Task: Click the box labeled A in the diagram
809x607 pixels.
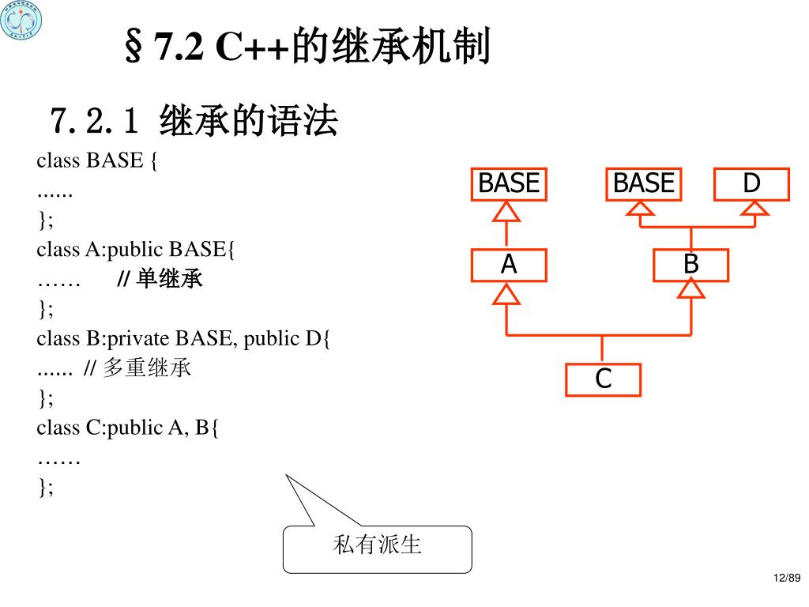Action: tap(509, 266)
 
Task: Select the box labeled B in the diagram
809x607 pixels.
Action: tap(690, 266)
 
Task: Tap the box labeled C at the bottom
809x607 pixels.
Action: tap(603, 380)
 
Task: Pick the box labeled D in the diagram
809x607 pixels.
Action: tap(751, 184)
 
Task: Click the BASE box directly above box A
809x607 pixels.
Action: tap(509, 184)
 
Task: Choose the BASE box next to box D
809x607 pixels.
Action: tap(644, 184)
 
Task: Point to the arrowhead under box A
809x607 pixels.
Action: tap(507, 294)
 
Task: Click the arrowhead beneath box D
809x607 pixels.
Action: tap(755, 208)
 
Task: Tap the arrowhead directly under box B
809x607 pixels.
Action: tap(691, 292)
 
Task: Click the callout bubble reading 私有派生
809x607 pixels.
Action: tap(378, 548)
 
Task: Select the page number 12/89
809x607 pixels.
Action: tap(787, 579)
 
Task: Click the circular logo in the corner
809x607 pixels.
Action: tap(21, 21)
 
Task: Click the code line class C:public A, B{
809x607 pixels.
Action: tap(128, 428)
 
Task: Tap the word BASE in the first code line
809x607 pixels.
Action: tap(114, 161)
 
